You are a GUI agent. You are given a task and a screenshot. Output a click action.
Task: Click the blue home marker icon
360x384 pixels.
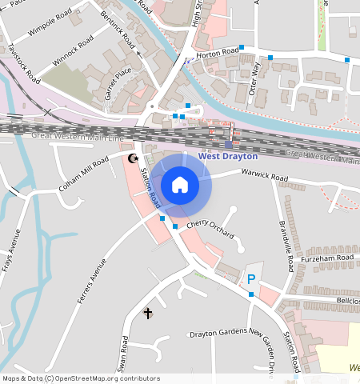[180, 185]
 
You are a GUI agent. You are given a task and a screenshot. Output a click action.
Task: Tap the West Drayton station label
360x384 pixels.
[228, 157]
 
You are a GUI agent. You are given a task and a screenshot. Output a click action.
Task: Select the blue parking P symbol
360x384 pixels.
[251, 279]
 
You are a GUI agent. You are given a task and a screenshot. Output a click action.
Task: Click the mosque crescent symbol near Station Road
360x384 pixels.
[133, 158]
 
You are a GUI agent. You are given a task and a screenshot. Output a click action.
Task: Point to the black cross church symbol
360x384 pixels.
[147, 313]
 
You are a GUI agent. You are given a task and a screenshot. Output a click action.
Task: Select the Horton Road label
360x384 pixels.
[218, 54]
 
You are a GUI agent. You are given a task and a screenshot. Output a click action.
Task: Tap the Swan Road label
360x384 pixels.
[124, 353]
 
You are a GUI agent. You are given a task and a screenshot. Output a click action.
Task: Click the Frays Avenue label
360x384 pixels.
[12, 251]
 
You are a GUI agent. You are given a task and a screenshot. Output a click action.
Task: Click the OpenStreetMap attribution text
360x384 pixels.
[80, 378]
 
